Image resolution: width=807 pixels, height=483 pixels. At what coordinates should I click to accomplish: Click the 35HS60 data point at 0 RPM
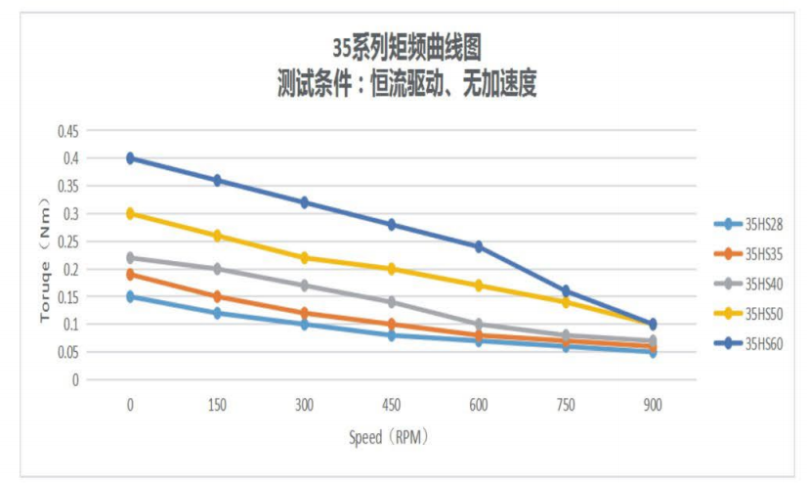[x=130, y=158]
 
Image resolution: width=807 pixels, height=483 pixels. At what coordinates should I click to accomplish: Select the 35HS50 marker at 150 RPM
[x=217, y=236]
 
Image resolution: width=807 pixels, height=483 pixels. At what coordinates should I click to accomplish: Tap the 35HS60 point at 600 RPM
[x=479, y=246]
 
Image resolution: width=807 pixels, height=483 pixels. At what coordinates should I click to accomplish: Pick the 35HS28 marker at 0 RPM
[x=130, y=296]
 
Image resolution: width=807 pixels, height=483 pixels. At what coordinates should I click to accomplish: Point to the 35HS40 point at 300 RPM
[x=304, y=285]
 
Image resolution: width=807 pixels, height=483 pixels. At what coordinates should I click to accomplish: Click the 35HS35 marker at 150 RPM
[x=217, y=296]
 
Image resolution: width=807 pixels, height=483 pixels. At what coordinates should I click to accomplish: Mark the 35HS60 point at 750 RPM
[x=566, y=290]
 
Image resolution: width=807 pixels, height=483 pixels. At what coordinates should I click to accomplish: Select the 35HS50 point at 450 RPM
[x=392, y=269]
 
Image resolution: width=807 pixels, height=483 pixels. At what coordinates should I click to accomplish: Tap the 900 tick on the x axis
[x=653, y=404]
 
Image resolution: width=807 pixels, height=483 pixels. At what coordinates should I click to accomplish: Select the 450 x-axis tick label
[x=392, y=404]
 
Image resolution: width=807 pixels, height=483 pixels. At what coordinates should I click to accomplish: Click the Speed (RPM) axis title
[x=389, y=437]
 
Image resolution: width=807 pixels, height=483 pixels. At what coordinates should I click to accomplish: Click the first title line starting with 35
[x=406, y=45]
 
